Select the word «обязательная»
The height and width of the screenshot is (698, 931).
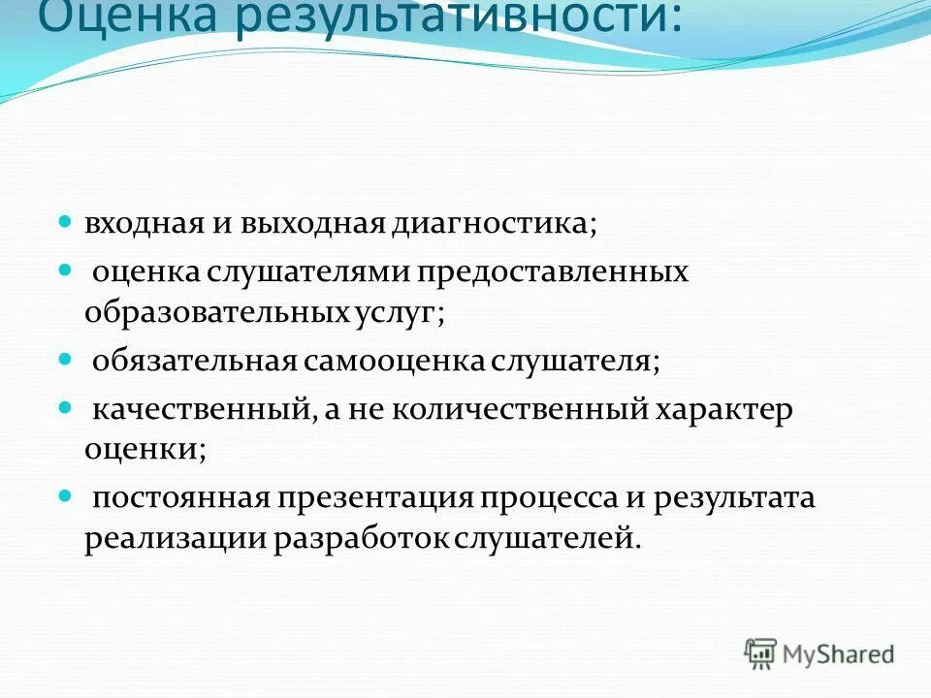(x=194, y=362)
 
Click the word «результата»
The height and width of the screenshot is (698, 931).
(x=734, y=498)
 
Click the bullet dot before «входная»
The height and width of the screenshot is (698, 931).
(x=66, y=222)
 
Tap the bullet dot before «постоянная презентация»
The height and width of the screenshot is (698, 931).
(x=66, y=494)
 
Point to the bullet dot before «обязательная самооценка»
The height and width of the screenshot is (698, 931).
(x=66, y=358)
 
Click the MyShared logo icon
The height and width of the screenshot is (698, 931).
(x=760, y=652)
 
